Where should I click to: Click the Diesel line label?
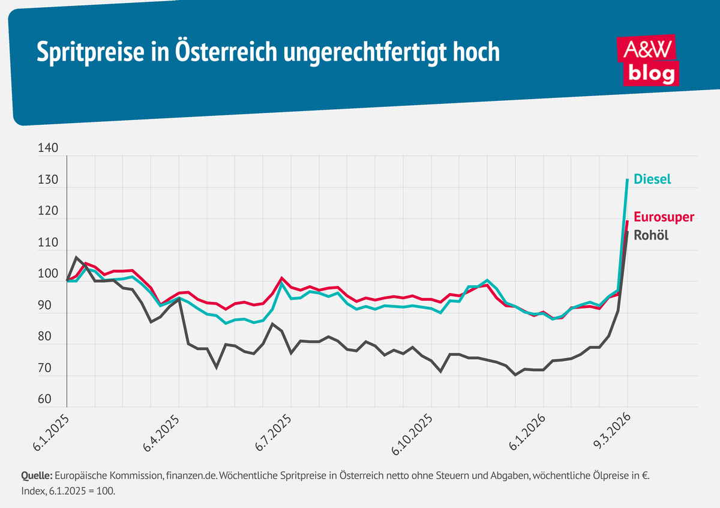click(653, 179)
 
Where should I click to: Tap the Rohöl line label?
click(651, 235)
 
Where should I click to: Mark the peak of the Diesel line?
click(628, 179)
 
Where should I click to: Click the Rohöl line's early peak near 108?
click(76, 257)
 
